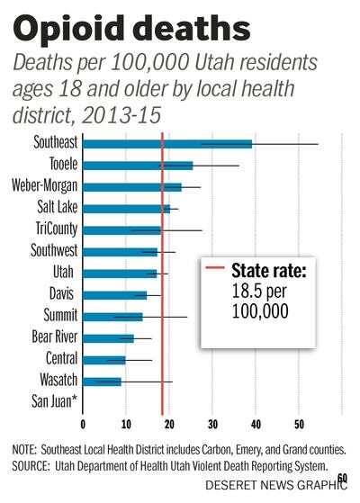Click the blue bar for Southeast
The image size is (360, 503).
pos(166,144)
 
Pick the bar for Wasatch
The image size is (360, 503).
pos(102,382)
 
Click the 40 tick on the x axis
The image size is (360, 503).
pos(256,424)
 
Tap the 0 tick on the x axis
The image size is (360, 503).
pos(83,424)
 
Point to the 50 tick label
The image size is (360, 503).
pos(299,424)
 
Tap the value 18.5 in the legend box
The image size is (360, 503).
pos(249,291)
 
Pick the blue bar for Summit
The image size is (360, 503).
pos(112,317)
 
